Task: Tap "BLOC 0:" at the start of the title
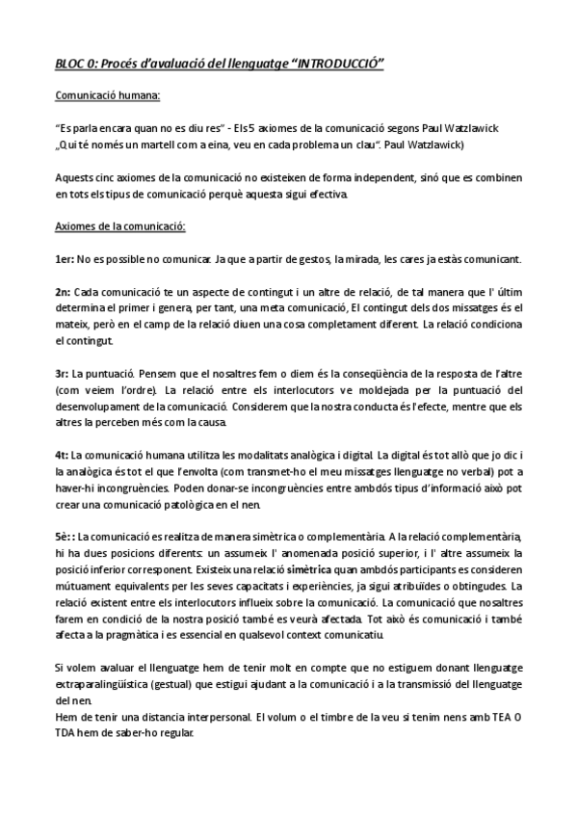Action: click(75, 63)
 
